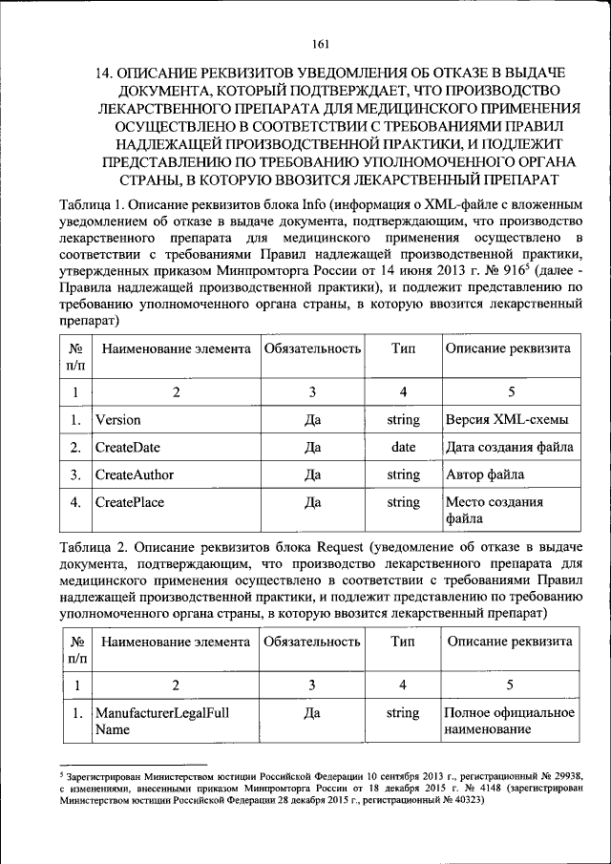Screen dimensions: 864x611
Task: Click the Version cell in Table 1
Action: click(117, 419)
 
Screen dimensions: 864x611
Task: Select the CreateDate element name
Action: click(127, 447)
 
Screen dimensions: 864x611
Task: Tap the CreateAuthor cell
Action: click(134, 474)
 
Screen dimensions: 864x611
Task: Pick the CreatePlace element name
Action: click(130, 501)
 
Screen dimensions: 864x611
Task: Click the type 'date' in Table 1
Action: click(403, 447)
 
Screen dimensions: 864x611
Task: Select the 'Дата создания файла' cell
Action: click(510, 447)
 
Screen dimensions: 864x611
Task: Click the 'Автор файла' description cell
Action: click(484, 474)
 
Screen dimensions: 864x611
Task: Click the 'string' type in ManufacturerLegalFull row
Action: click(403, 713)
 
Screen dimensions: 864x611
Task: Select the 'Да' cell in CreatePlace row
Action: click(311, 501)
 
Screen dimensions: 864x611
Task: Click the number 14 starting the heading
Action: click(106, 74)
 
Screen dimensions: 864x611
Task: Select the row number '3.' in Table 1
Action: click(74, 474)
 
